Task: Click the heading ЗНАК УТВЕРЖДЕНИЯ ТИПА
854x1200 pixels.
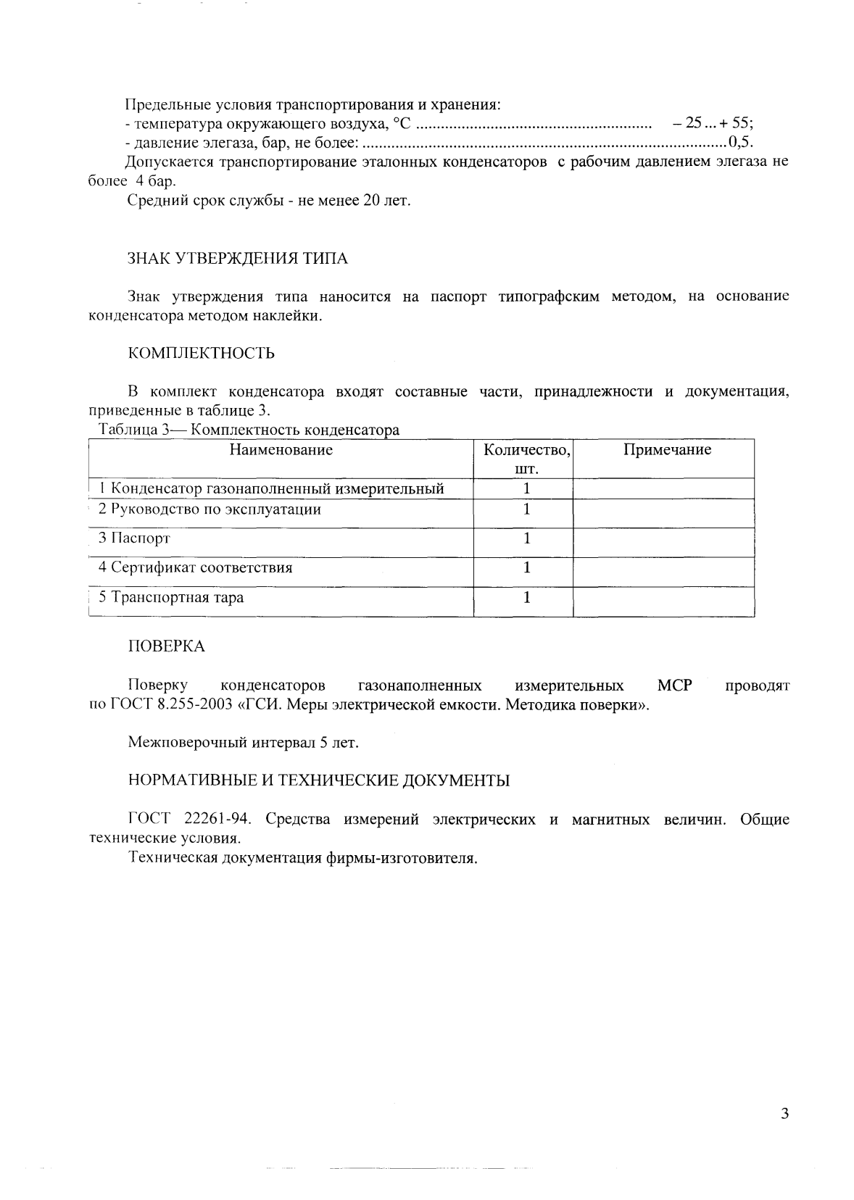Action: [237, 259]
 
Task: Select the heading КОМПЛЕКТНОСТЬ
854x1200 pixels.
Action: [201, 353]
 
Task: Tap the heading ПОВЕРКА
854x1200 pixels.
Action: [166, 646]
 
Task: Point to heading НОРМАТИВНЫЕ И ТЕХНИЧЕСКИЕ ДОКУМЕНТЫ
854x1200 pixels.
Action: [318, 780]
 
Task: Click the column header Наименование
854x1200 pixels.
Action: [281, 450]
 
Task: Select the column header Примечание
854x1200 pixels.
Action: [667, 450]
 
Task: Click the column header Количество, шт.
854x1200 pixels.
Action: [526, 459]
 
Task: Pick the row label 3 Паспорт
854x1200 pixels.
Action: [134, 538]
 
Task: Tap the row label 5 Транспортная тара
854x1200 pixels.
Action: [171, 598]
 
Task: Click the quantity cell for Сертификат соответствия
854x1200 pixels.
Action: [526, 567]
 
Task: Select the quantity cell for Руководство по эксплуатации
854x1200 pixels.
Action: [526, 509]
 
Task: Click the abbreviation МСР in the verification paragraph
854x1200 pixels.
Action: [674, 686]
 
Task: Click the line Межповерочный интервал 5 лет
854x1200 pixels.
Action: [244, 743]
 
